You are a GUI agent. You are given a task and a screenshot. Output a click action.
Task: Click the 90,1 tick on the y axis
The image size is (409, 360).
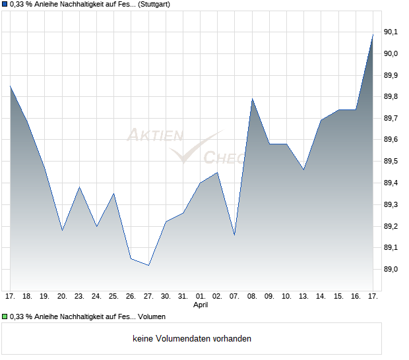pos(392,32)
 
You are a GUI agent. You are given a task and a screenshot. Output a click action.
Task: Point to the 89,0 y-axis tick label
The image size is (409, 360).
pos(392,269)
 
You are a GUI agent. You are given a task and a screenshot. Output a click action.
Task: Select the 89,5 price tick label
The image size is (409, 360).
pos(392,161)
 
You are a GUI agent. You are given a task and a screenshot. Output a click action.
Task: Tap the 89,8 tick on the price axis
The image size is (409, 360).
pos(392,96)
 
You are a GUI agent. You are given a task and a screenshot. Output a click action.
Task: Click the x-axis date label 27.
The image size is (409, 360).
pos(148,296)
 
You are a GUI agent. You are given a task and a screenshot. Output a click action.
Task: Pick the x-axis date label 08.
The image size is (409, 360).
pos(252,296)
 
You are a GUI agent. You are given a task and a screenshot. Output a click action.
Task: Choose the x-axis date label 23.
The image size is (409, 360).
pos(79,296)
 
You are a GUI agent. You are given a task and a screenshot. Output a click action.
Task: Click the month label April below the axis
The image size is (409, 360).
pos(201,305)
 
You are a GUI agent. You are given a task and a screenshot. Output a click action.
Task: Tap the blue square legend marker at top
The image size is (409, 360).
pos(5,5)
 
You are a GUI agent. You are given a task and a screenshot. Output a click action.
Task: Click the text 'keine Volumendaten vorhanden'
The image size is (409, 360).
pos(191,339)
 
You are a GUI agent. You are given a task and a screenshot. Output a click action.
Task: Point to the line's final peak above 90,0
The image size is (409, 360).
pos(373,34)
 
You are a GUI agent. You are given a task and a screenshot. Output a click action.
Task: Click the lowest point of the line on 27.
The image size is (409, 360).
pos(148,265)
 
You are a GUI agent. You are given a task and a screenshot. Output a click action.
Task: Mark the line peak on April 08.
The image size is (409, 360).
pos(252,99)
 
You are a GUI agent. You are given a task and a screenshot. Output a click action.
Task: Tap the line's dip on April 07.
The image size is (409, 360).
pos(235,235)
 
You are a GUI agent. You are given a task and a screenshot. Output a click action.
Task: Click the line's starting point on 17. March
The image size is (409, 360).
pos(10,86)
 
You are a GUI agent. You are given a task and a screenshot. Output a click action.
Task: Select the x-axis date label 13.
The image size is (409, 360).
pos(303,296)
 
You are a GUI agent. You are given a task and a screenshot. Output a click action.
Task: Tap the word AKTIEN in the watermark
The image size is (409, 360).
pos(154,135)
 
